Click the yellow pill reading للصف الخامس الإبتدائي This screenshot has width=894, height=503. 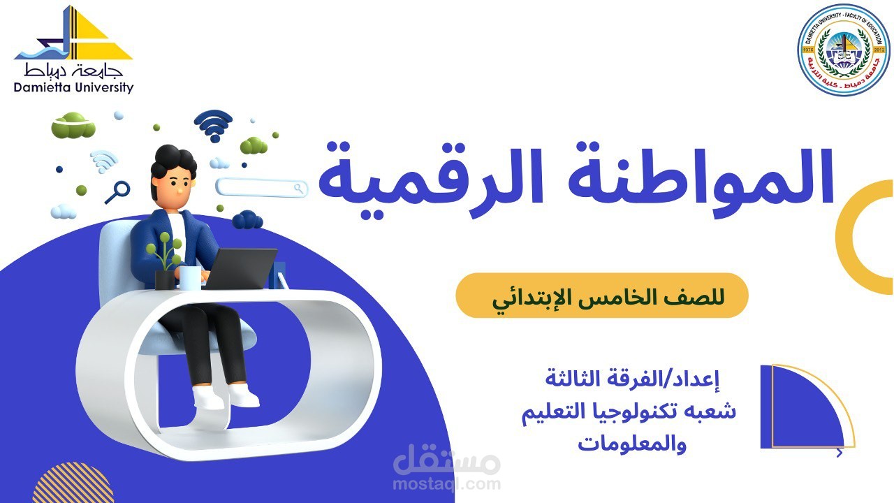click(x=602, y=296)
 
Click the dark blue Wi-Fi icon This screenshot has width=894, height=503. click(x=213, y=125)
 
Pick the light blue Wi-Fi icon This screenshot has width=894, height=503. click(x=104, y=161)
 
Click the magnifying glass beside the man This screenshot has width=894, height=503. click(x=118, y=191)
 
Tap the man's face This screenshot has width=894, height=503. click(x=176, y=183)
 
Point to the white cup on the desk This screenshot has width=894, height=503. click(x=189, y=277)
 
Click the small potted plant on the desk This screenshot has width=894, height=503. click(x=166, y=262)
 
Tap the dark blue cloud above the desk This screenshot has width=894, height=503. click(x=247, y=221)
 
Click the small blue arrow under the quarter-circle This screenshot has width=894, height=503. click(x=840, y=453)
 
